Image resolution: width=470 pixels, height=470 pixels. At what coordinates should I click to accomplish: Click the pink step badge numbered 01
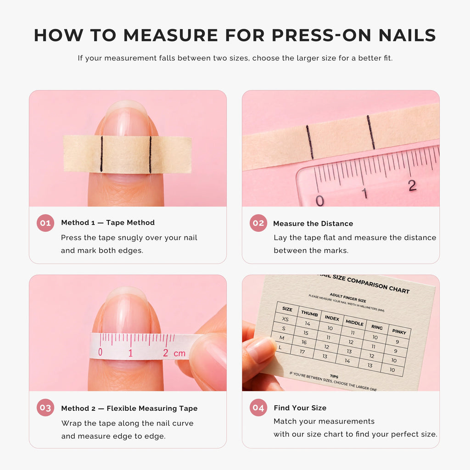[45, 223]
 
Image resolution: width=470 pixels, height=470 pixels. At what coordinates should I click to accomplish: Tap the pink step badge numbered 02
[258, 223]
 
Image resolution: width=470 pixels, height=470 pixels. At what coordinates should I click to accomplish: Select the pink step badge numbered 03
[45, 408]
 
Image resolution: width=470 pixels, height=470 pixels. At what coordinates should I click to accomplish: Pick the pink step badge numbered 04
[258, 408]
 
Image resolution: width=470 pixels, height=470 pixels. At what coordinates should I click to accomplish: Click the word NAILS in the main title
[407, 35]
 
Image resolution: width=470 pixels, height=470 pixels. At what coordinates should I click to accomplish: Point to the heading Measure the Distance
[313, 224]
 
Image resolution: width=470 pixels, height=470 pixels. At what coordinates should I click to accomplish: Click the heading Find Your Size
[300, 408]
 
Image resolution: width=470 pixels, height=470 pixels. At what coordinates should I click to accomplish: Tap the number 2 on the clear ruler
[413, 185]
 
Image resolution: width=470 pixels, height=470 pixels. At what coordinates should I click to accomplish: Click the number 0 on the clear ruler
[320, 201]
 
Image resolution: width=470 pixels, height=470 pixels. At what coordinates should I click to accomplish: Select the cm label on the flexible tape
[179, 353]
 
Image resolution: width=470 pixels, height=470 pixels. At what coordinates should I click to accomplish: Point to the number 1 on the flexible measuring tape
[130, 353]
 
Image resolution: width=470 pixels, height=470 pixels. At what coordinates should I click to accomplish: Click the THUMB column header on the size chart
[309, 313]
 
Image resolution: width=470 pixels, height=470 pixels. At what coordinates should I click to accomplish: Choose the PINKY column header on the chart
[399, 331]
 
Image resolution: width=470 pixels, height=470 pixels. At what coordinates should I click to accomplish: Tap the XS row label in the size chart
[285, 319]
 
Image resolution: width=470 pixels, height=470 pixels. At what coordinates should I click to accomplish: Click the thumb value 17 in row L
[302, 352]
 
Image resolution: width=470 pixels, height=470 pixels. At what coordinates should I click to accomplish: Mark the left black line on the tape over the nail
[101, 154]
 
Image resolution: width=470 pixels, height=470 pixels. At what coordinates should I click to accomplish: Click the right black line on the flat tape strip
[371, 132]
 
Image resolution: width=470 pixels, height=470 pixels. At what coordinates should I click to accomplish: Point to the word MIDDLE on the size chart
[355, 323]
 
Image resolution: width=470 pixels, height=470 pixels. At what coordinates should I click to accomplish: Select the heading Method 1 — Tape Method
[108, 223]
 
